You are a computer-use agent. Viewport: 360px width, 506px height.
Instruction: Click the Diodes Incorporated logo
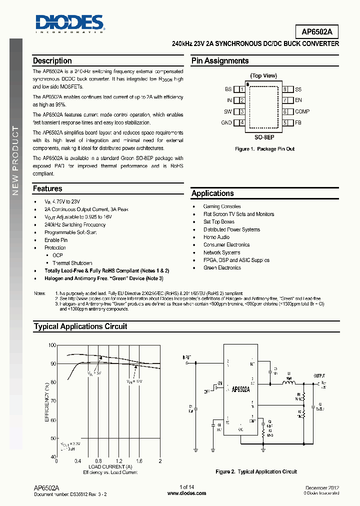pos(69,23)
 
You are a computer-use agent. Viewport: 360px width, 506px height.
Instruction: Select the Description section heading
pos(52,61)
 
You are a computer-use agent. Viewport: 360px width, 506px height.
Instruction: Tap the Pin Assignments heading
pos(220,61)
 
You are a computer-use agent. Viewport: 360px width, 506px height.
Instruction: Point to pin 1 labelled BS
pos(228,89)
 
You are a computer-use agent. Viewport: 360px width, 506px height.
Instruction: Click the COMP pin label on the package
pos(302,111)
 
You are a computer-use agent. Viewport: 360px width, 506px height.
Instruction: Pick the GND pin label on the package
pos(226,122)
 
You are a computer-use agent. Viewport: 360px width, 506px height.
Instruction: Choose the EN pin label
pos(298,100)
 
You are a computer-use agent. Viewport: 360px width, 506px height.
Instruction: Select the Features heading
pos(47,189)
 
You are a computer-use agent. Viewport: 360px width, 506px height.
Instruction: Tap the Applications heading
pos(212,193)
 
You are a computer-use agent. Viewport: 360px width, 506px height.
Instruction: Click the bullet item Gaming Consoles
pos(221,206)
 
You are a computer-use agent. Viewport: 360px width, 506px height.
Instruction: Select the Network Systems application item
pos(221,252)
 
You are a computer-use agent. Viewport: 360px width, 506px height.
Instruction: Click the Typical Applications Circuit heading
pos(80,326)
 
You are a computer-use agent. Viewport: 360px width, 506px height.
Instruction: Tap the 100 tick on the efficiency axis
pos(52,345)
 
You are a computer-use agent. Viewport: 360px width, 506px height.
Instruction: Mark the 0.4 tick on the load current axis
pos(78,461)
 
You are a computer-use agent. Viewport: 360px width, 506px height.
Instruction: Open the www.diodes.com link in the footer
pos(186,493)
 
